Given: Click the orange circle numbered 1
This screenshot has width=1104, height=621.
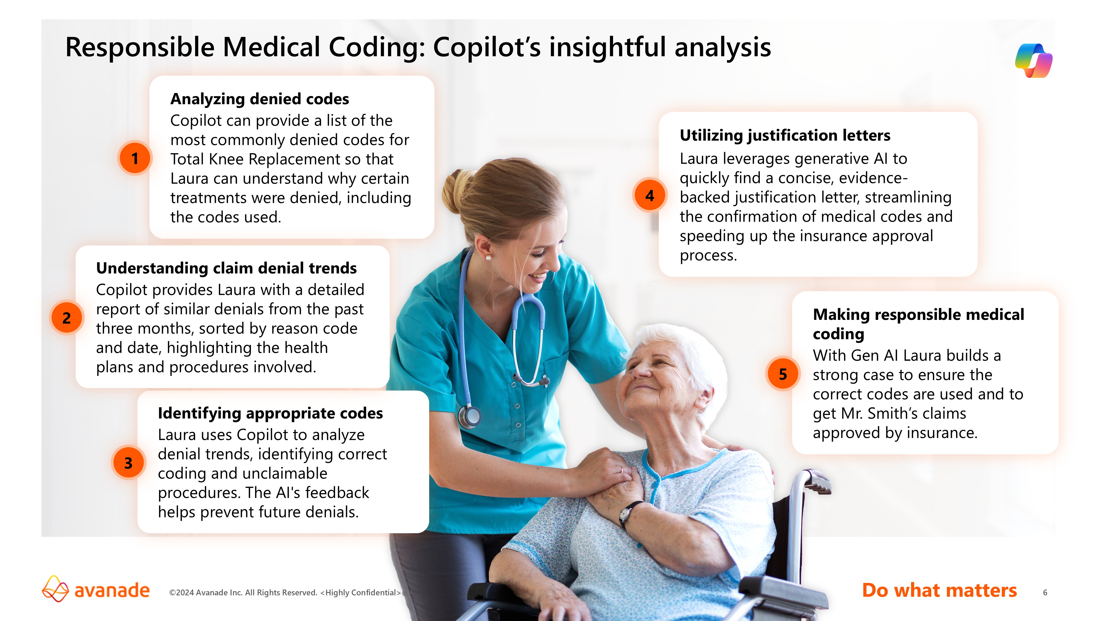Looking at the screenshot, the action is click(135, 158).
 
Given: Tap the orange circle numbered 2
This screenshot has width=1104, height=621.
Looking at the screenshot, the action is click(67, 318).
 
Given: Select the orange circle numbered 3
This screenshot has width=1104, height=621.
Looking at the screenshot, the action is click(128, 462).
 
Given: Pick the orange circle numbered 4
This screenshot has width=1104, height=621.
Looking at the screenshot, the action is click(650, 195).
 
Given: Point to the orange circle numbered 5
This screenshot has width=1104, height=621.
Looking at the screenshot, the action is click(782, 374).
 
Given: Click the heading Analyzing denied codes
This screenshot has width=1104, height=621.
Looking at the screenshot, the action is click(260, 99).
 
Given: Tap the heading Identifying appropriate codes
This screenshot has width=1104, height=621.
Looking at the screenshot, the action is click(270, 413).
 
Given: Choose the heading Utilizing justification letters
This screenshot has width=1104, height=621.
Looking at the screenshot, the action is click(785, 136).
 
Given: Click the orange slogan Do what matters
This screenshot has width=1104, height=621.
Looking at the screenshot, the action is click(940, 590).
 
